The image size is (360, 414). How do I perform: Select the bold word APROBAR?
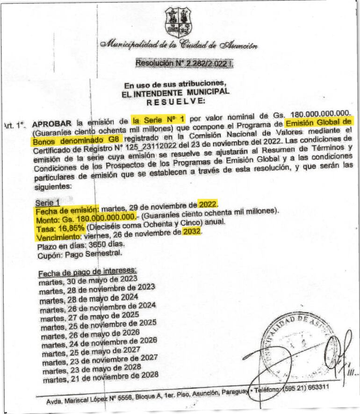(x=51, y=124)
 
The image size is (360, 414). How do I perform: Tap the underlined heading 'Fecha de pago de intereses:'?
(x=86, y=272)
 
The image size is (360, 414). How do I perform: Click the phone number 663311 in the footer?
(x=318, y=387)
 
